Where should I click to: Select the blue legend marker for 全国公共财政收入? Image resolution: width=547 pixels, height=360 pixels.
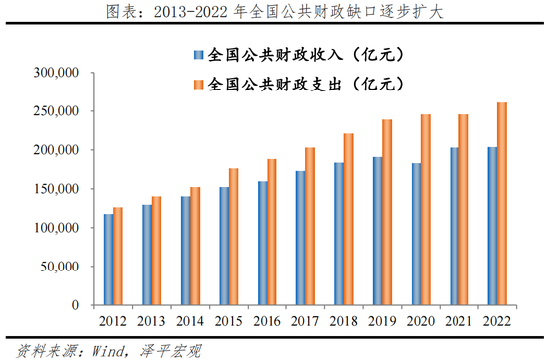[x=199, y=54]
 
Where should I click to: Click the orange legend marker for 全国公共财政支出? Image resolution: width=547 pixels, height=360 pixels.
[x=199, y=85]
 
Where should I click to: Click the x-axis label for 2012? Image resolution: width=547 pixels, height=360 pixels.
[x=112, y=321]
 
